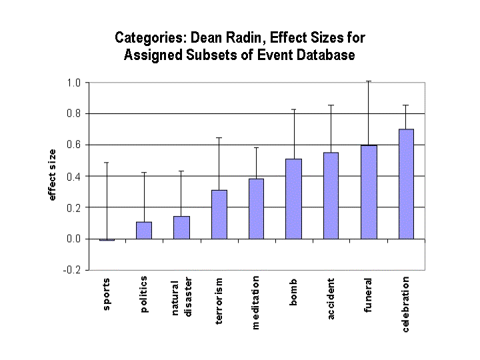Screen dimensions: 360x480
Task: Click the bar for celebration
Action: click(406, 184)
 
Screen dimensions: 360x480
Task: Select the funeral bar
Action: click(369, 192)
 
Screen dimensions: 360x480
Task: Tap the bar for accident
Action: click(331, 195)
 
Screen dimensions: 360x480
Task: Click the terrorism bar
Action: click(219, 214)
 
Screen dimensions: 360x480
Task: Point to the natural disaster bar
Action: click(182, 227)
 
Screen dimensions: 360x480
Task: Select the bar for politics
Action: click(145, 230)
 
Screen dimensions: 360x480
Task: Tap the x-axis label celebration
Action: click(406, 305)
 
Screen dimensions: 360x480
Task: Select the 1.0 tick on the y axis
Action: click(73, 83)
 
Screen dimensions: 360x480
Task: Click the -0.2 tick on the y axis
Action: click(72, 270)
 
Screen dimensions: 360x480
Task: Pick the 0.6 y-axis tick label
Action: click(73, 145)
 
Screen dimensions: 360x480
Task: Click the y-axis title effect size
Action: click(52, 176)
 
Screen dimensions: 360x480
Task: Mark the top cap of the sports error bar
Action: click(107, 163)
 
